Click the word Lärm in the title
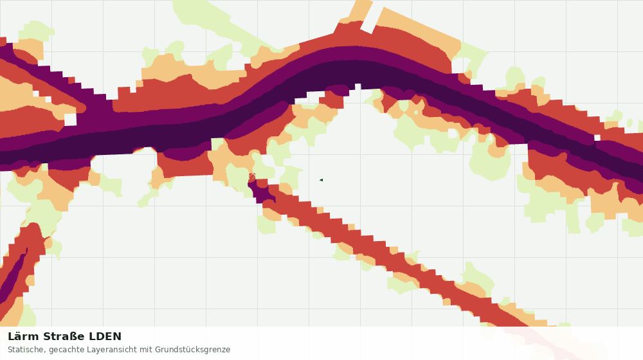pyautogui.click(x=23, y=337)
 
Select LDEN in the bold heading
pyautogui.click(x=105, y=337)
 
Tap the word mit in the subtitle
pyautogui.click(x=145, y=350)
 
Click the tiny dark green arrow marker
pyautogui.click(x=321, y=179)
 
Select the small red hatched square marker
pyautogui.click(x=252, y=176)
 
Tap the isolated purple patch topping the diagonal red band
pyautogui.click(x=261, y=192)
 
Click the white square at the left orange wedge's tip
pyautogui.click(x=70, y=120)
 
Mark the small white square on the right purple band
pyautogui.click(x=597, y=138)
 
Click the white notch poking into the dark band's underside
pyautogui.click(x=358, y=87)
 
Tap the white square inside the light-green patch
pyautogui.click(x=453, y=133)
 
